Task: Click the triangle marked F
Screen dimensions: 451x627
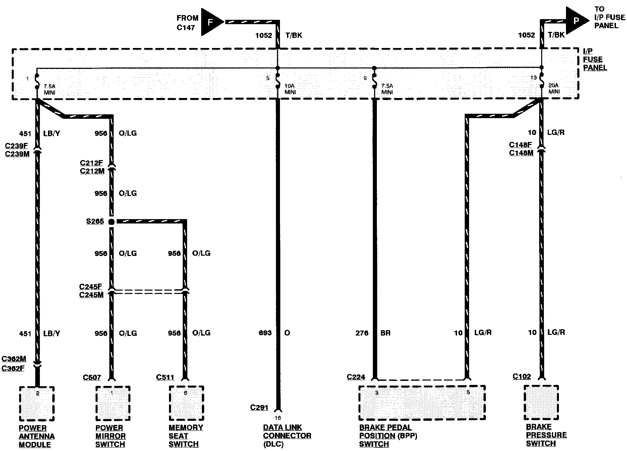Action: [211, 22]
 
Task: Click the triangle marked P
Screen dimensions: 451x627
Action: [576, 20]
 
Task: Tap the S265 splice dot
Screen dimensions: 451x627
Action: [111, 222]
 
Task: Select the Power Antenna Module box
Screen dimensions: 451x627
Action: [37, 404]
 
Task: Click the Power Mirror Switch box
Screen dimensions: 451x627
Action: [113, 403]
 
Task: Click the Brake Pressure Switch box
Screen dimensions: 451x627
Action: [541, 402]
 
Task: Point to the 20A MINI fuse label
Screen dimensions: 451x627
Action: [554, 89]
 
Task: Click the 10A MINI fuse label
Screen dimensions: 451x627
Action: [290, 89]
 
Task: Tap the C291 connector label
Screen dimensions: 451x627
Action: [259, 407]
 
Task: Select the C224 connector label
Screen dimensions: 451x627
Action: [356, 377]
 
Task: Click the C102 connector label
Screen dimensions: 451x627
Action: [522, 377]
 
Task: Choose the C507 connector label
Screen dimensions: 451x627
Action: [92, 378]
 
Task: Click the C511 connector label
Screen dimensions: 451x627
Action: [165, 377]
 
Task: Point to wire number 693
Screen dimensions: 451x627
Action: [265, 333]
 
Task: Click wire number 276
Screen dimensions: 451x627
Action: [362, 333]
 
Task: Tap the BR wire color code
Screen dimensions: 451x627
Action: [386, 333]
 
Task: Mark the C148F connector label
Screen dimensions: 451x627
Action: [520, 145]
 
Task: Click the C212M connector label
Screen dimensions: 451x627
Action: [92, 171]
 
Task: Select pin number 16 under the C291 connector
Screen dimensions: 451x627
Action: [278, 418]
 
